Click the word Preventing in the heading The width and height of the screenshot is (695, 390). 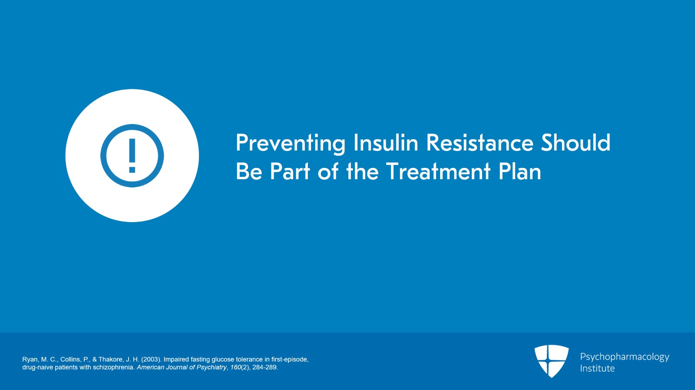click(291, 144)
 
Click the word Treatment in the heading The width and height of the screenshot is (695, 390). click(438, 171)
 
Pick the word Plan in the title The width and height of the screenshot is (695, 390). click(520, 171)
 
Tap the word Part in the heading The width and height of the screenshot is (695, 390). click(290, 171)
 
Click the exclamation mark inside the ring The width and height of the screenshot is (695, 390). click(132, 155)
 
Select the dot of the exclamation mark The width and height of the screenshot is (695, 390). click(132, 170)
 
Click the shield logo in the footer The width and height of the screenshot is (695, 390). click(551, 361)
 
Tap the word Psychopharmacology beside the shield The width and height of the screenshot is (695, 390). click(625, 357)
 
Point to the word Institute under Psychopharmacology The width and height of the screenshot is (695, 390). click(597, 368)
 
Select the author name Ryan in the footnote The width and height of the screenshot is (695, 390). click(30, 359)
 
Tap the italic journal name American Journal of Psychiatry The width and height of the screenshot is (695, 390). click(182, 367)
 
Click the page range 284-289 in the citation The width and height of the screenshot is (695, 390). click(265, 367)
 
